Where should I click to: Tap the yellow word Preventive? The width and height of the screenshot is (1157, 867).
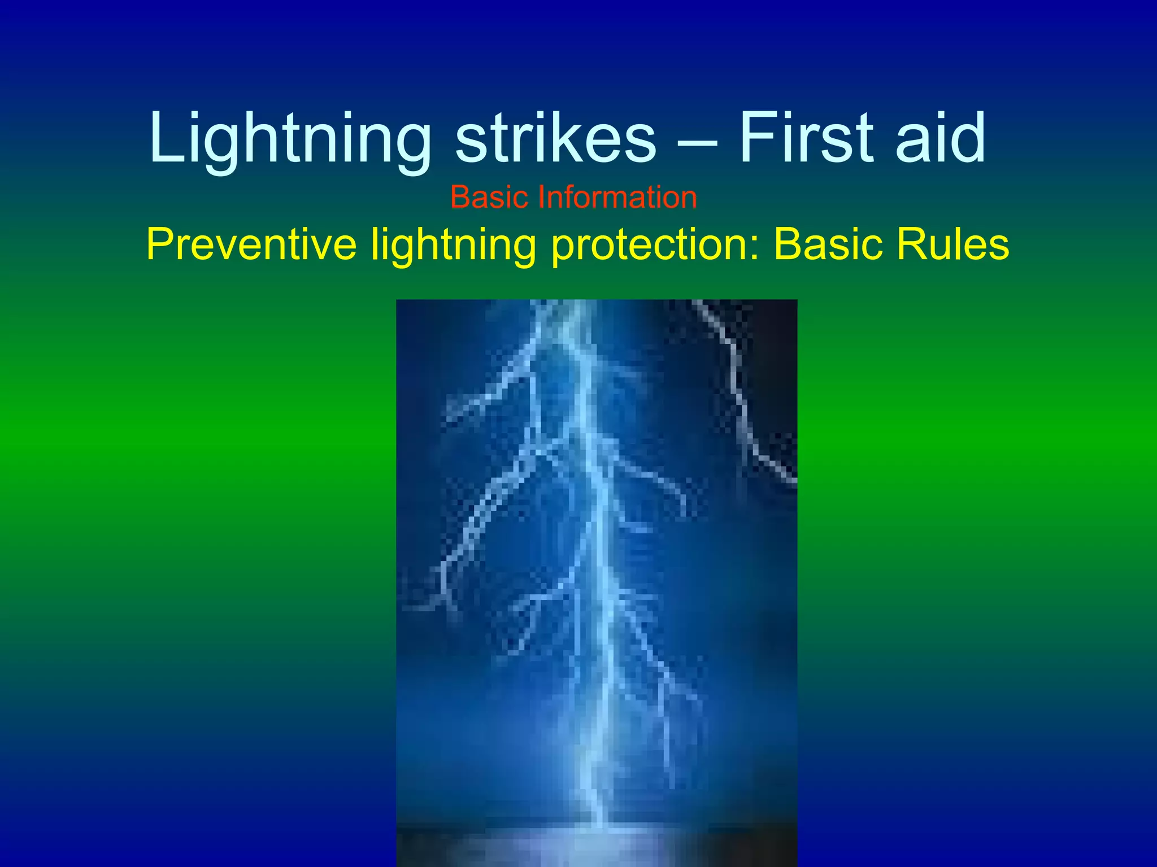point(251,244)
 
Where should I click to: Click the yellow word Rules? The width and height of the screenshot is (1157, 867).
point(952,244)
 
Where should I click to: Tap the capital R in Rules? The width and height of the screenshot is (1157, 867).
point(911,244)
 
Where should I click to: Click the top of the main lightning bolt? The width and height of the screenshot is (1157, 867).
point(571,310)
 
